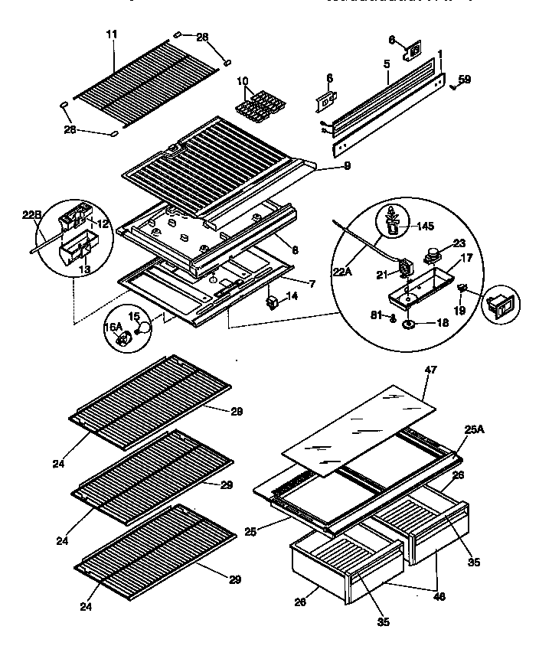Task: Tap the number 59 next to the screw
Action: [465, 79]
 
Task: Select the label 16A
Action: [113, 327]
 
